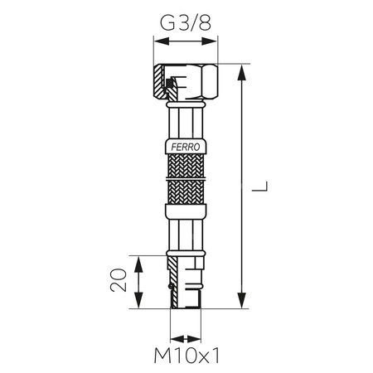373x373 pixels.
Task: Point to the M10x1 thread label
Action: [186, 358]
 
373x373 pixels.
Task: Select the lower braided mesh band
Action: [186, 195]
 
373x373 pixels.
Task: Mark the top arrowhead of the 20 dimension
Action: [138, 259]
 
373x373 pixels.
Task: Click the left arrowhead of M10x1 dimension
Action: [173, 338]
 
